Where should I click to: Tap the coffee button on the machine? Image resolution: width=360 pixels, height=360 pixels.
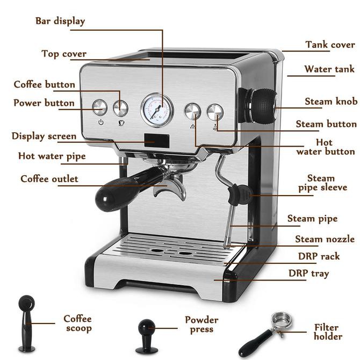(120, 107)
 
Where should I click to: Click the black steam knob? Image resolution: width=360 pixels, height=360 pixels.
(262, 100)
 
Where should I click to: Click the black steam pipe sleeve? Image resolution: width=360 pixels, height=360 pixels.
(238, 193)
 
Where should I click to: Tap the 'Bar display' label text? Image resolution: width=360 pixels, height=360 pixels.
(60, 21)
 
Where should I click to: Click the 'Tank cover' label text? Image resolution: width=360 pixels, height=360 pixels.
(330, 45)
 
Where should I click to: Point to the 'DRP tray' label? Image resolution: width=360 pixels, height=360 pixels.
(308, 273)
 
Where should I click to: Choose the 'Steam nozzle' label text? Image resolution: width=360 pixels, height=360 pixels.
(325, 239)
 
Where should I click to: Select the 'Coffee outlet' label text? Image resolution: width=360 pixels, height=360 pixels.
(49, 179)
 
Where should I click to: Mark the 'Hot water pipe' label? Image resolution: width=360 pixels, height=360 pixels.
(52, 156)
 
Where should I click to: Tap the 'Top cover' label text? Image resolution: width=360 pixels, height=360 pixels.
(64, 54)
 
